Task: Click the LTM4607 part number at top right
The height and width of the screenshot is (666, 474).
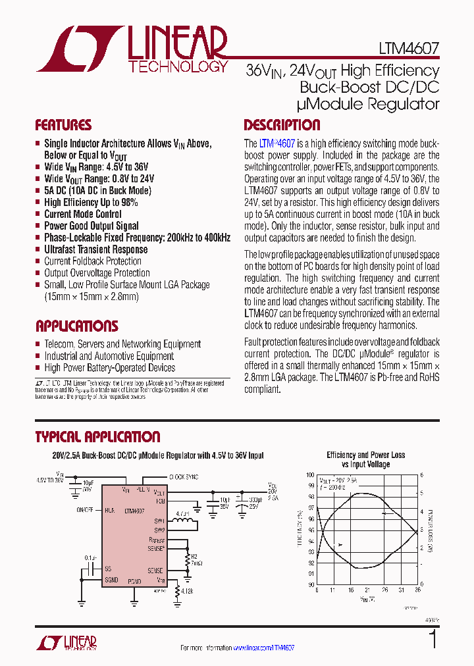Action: click(408, 49)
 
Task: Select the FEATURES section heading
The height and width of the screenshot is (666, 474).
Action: click(63, 125)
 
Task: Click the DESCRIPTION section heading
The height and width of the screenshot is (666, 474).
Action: click(282, 125)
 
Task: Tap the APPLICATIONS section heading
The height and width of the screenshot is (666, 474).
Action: click(76, 326)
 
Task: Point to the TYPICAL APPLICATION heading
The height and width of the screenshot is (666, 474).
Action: click(97, 437)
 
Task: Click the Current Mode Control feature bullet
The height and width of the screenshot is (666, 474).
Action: click(82, 214)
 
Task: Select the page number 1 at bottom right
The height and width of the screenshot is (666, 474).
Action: click(433, 640)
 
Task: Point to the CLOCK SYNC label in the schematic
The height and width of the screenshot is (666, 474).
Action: click(184, 476)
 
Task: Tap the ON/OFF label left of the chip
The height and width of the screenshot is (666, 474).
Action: click(85, 510)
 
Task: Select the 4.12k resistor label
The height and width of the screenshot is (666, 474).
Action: click(185, 591)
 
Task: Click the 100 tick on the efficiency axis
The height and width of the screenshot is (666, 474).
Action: click(310, 474)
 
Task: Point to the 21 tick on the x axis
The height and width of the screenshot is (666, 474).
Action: click(367, 590)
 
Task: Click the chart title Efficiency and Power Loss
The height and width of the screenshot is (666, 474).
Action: click(365, 455)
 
